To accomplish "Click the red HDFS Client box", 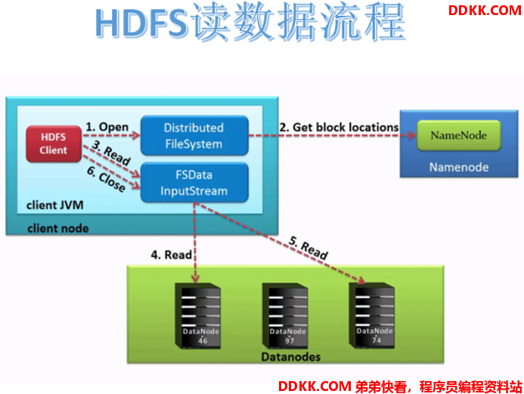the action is tap(54, 144).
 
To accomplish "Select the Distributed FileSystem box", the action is tap(194, 135).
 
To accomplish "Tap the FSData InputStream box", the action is tap(194, 182).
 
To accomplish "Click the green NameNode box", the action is tap(458, 135).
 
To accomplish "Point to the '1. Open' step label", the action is tap(107, 127).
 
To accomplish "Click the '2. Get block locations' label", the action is tap(339, 127).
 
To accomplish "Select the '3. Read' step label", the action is tap(111, 153).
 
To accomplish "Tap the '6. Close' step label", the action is tap(107, 179).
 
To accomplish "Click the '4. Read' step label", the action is tap(171, 255).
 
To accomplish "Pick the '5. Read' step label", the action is tap(309, 248).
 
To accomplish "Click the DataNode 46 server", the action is tap(198, 316).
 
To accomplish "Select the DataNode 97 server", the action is tap(285, 316).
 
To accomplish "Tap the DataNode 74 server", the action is tap(371, 316).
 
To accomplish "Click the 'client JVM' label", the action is tap(55, 205).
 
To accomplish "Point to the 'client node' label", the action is tap(58, 228).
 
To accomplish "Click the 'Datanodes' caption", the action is tap(291, 357).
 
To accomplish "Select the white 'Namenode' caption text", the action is tap(459, 167).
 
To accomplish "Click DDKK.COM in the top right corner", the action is tap(485, 11).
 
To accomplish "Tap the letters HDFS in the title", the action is tap(141, 23).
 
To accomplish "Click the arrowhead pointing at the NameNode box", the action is tap(412, 135).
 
